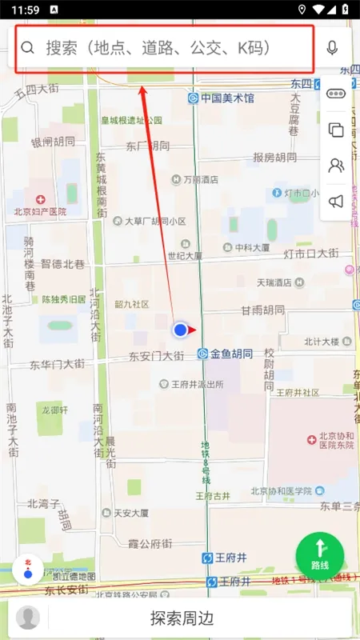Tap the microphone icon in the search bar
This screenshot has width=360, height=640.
332,47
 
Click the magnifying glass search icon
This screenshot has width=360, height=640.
28,48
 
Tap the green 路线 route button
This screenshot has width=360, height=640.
320,554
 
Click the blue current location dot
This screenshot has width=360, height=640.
181,329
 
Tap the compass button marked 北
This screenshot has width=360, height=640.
28,570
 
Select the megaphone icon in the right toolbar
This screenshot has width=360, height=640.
336,202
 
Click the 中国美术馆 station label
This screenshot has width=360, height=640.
227,98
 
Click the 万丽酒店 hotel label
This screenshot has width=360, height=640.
200,180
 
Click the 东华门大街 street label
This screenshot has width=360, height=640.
57,365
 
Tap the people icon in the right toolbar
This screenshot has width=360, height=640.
336,166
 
